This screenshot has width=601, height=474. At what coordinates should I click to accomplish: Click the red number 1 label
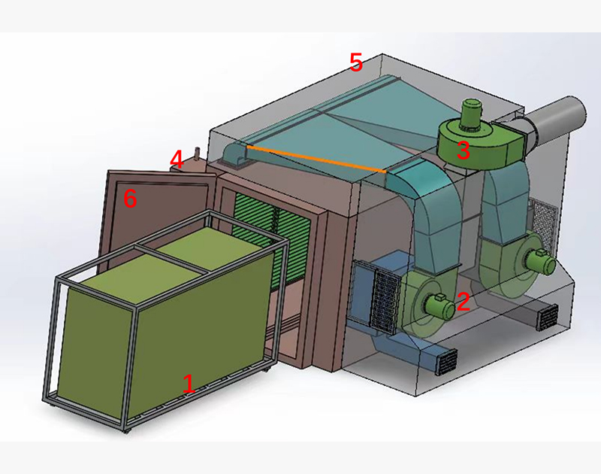pos(189,384)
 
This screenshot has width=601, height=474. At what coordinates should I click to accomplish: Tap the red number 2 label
pos(464,301)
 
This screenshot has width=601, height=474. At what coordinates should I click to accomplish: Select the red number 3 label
pos(463,150)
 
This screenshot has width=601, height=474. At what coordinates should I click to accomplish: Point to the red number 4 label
pos(177,160)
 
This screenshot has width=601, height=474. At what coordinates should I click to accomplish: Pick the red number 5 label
pos(356,62)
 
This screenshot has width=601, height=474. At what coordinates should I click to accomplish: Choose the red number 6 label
pos(130,199)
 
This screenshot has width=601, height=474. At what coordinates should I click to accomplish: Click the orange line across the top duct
pos(316,159)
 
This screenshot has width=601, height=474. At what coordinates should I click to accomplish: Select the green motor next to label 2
pos(438,305)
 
